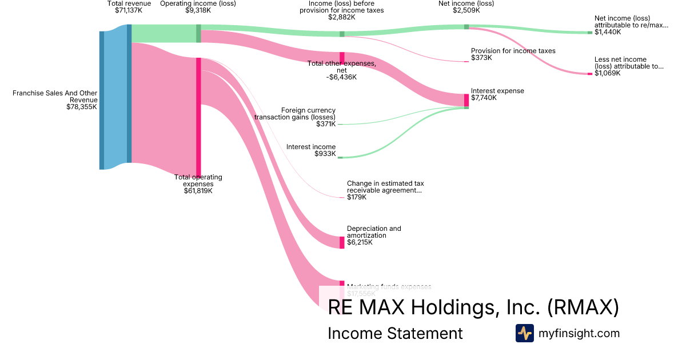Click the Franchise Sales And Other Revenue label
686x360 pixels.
[55, 96]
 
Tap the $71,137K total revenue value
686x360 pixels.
[129, 10]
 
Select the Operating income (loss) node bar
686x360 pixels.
[198, 33]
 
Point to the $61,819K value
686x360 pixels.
[198, 191]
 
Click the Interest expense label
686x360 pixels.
[497, 91]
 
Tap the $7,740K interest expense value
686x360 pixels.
[484, 98]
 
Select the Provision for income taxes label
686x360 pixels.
[513, 51]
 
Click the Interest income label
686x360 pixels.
[311, 147]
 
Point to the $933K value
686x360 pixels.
[325, 154]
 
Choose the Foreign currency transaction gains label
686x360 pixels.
[295, 113]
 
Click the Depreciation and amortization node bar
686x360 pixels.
[342, 242]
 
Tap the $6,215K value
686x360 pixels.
[360, 242]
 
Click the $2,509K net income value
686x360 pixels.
[466, 10]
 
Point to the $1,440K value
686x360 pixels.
[607, 32]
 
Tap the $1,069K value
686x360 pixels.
[607, 73]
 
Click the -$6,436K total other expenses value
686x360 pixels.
[342, 77]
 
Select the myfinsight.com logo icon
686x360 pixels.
[524, 333]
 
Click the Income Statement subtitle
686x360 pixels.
[395, 333]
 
